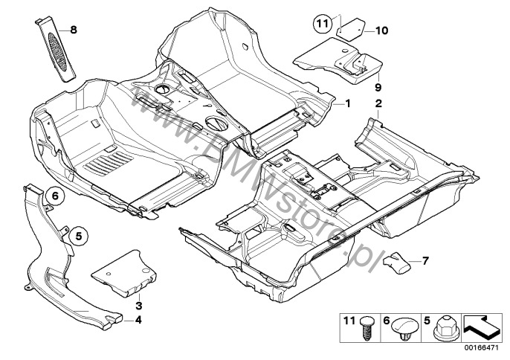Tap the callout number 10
381,30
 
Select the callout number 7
426,261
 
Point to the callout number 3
139,306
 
